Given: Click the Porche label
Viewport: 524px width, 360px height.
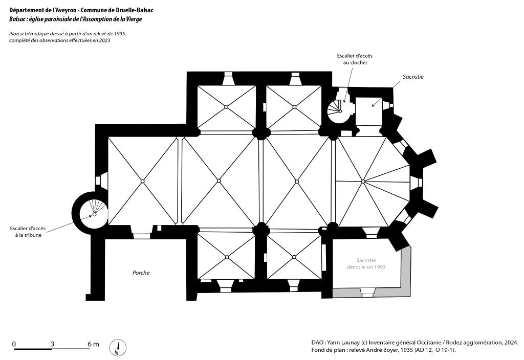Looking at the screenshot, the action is [x=141, y=273].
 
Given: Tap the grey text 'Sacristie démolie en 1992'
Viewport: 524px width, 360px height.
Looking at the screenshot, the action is [x=366, y=263].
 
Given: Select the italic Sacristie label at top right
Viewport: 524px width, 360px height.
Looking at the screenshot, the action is [x=413, y=77].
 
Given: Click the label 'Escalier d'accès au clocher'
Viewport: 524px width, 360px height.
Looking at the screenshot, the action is [x=355, y=59].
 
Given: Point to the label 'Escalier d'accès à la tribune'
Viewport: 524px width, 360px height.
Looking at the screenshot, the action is [x=28, y=232].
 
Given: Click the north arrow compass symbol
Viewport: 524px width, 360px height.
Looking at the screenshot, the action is [x=118, y=347].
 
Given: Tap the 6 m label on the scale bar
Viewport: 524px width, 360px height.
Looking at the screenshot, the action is [x=93, y=344].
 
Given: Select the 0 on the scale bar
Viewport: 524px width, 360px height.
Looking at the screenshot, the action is [x=14, y=344].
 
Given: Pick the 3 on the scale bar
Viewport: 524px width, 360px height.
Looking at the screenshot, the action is [x=52, y=344].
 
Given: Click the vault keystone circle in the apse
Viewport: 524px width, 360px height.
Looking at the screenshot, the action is [x=363, y=182].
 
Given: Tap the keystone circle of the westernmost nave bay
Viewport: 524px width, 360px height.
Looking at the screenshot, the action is [x=142, y=181].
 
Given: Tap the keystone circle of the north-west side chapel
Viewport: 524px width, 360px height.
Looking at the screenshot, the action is [x=226, y=107].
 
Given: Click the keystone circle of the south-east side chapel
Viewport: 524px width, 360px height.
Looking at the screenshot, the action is [x=294, y=257].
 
